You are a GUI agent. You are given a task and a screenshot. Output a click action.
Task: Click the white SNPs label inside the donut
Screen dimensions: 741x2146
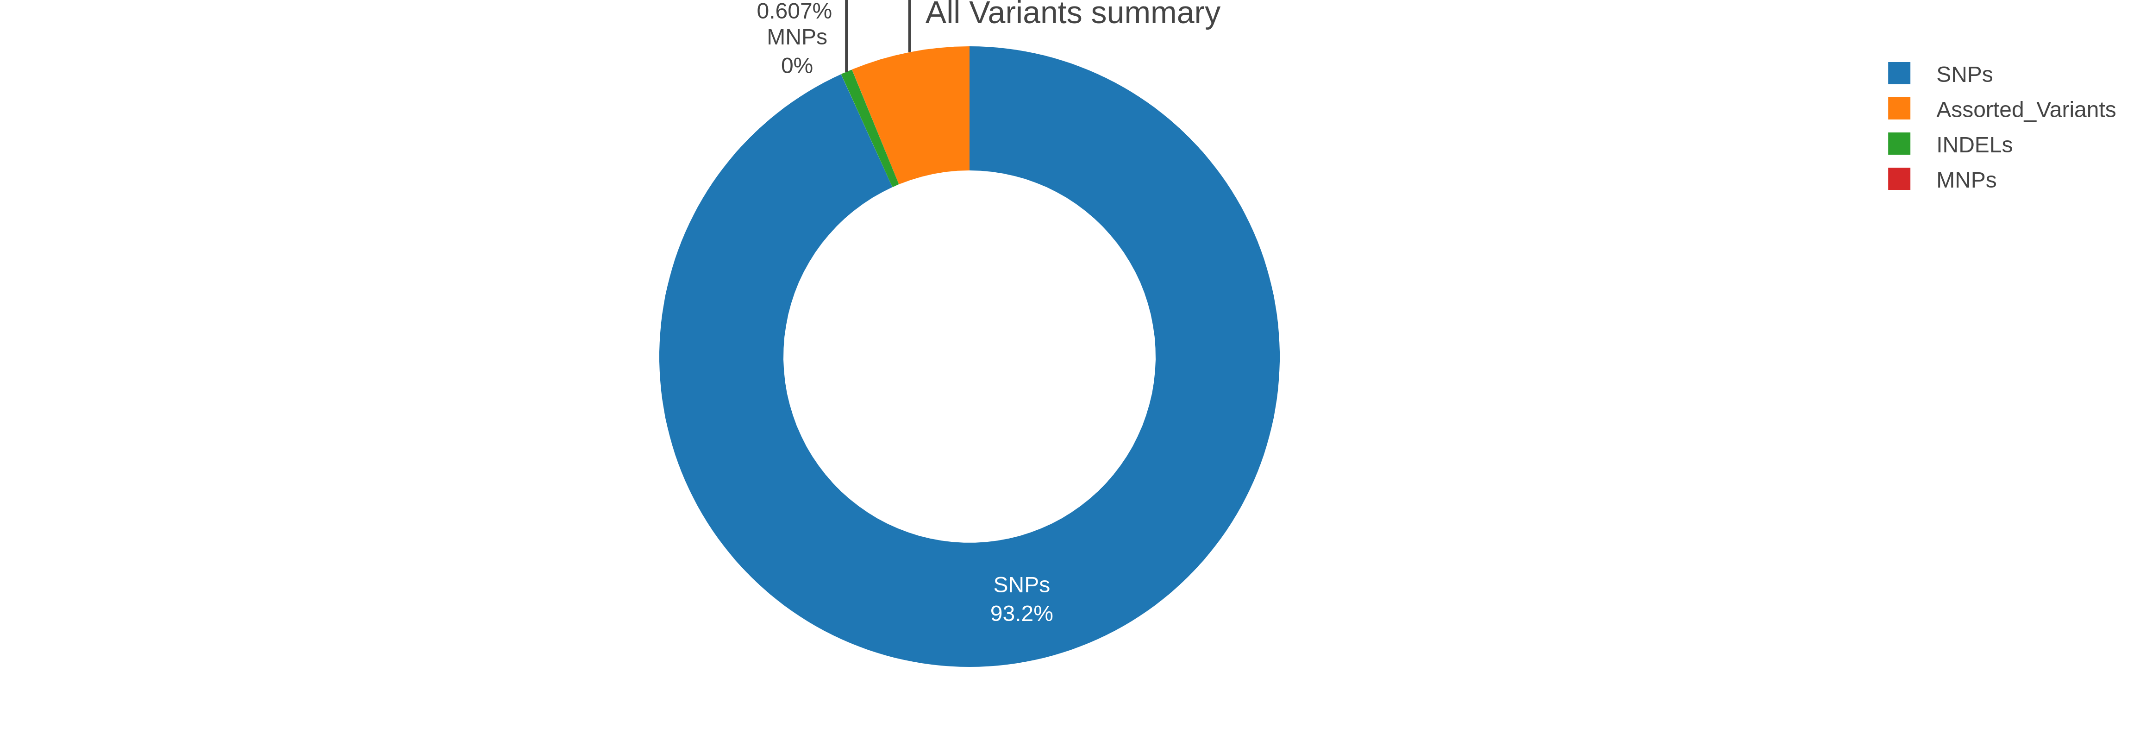coord(1021,585)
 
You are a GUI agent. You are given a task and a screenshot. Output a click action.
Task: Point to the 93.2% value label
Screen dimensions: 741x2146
coord(1021,614)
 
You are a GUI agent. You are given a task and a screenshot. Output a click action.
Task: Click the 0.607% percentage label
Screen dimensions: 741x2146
coord(794,12)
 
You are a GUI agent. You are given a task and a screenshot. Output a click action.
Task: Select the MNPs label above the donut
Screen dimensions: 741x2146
coord(796,38)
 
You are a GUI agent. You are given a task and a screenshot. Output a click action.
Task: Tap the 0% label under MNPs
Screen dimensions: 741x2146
coord(796,66)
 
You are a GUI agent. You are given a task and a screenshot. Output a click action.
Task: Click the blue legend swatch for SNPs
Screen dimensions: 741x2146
coord(1899,73)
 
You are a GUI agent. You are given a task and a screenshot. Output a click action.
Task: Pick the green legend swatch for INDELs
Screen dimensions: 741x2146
coord(1899,144)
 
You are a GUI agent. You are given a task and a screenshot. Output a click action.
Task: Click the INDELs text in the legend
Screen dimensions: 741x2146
coord(1974,145)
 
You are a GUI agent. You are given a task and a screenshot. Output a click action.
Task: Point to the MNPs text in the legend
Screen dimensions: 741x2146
coord(1966,180)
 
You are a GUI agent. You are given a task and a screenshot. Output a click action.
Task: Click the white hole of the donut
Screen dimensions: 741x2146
coord(969,357)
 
